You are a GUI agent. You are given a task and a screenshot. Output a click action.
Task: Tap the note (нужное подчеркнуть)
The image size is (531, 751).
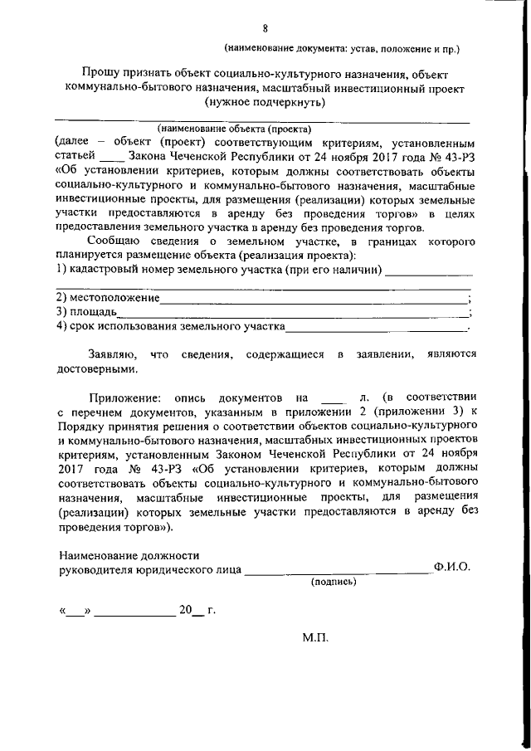coord(265,103)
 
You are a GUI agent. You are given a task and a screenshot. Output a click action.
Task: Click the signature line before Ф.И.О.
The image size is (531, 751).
coord(337,569)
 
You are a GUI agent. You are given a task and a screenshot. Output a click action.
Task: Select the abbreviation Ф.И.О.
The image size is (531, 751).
coord(451,568)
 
